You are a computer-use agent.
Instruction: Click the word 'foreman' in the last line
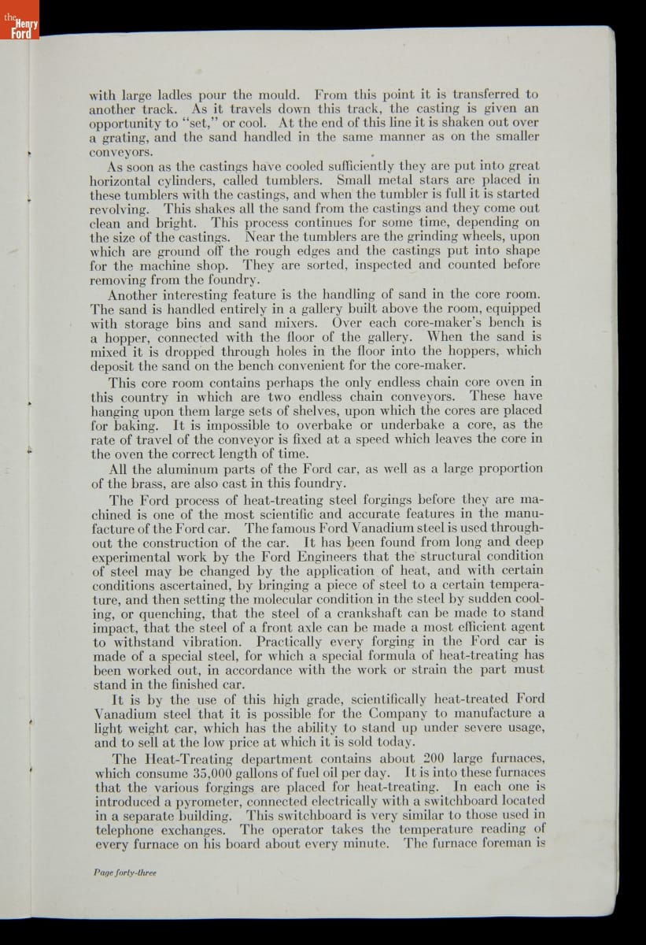[x=508, y=843]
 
